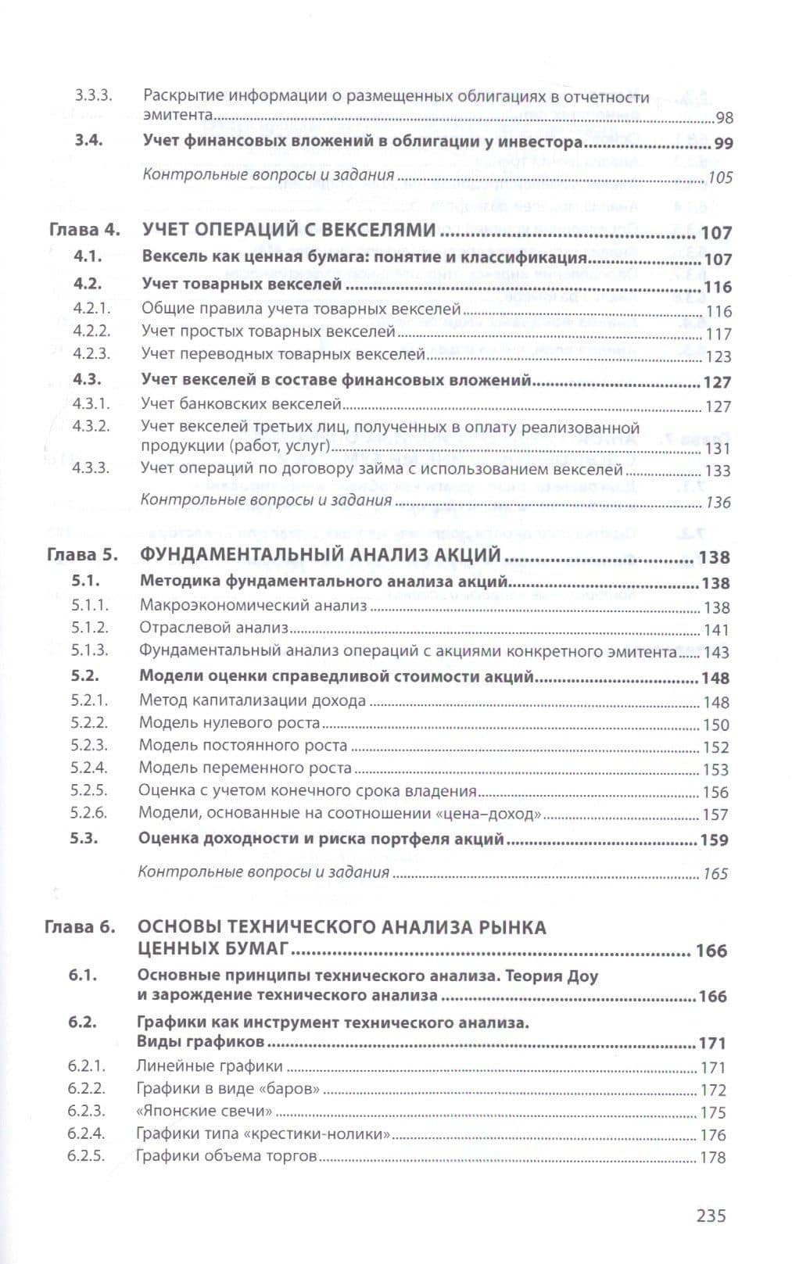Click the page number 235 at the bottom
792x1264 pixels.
point(711,1216)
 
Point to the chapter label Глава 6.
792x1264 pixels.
point(80,927)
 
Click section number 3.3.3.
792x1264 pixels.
point(94,96)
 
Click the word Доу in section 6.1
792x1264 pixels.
point(582,976)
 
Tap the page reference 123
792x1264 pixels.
point(718,356)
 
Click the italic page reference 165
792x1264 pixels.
point(715,874)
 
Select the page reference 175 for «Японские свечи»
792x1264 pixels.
point(713,1112)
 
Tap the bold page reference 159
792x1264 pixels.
point(714,840)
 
